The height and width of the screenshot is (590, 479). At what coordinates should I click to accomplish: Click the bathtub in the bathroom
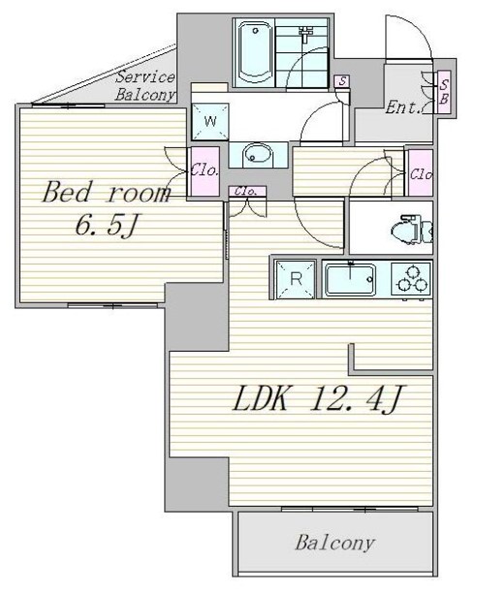(x=255, y=52)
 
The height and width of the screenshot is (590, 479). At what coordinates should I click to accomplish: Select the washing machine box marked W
(x=210, y=121)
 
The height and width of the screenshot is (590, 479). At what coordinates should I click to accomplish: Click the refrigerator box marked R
(x=296, y=280)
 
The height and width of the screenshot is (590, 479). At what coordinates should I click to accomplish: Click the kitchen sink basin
(x=350, y=280)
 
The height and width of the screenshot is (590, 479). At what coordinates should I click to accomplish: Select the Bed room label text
(x=106, y=193)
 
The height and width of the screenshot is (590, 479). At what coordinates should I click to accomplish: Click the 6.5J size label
(x=105, y=226)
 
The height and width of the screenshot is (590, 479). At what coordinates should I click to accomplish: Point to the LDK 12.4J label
(x=318, y=399)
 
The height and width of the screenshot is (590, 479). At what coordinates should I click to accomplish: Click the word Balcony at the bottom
(x=335, y=543)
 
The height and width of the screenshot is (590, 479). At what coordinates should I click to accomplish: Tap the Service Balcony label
(x=145, y=86)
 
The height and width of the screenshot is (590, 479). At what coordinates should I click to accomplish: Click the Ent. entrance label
(x=402, y=109)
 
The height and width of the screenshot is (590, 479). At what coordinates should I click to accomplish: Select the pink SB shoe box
(x=444, y=92)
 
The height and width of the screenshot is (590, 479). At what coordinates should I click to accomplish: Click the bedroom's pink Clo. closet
(x=206, y=171)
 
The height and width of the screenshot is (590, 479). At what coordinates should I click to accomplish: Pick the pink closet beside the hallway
(x=421, y=173)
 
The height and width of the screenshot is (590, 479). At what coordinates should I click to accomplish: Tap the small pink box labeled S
(x=341, y=81)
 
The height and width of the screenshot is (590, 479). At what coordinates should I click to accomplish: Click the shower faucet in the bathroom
(x=304, y=34)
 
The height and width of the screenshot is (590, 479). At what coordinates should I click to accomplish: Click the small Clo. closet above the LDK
(x=247, y=191)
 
